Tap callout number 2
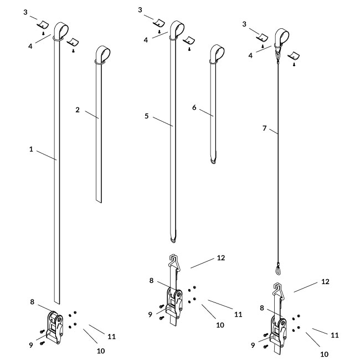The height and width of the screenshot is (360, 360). [78, 110]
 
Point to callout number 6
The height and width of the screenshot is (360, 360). [194, 107]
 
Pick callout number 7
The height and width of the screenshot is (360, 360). [264, 128]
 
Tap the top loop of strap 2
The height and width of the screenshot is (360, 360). [103, 54]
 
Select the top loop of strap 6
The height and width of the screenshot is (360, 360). [217, 54]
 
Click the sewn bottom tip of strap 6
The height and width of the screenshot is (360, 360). [213, 161]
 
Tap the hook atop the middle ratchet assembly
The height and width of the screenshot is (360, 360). [173, 261]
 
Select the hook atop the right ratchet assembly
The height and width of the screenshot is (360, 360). [280, 289]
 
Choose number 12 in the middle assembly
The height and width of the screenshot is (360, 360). [222, 258]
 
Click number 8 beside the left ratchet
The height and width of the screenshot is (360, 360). [32, 302]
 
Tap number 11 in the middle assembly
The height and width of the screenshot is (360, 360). [238, 314]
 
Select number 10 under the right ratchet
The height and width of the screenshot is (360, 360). [324, 354]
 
